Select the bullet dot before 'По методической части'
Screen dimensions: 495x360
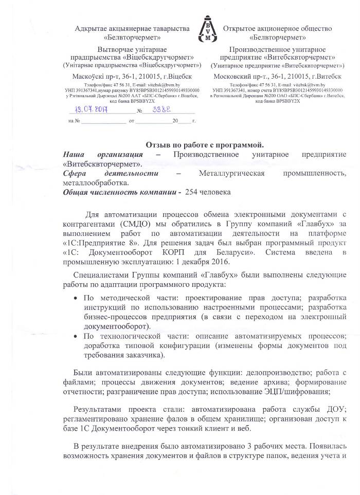point(76,298)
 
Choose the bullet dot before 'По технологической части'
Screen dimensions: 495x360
point(76,336)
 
